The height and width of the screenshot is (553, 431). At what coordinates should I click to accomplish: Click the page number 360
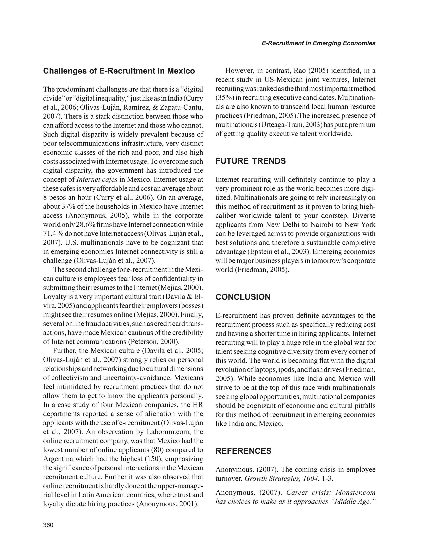(48, 525)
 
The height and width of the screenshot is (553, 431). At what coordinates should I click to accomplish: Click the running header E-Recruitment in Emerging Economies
(318, 43)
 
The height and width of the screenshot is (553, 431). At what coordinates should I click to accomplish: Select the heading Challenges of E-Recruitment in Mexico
(119, 71)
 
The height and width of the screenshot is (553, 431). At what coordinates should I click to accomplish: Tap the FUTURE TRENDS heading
(250, 161)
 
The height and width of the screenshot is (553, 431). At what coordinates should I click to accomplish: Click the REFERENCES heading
(243, 451)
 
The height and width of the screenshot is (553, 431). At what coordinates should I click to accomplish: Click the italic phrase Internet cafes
(97, 180)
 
